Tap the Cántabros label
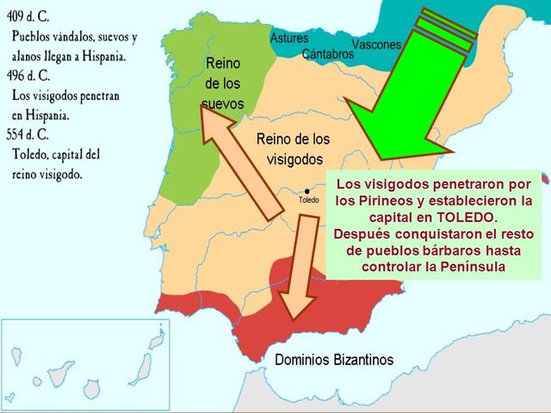(x=328, y=54)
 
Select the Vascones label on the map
(x=375, y=44)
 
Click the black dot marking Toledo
(x=307, y=191)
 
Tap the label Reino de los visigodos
(x=293, y=149)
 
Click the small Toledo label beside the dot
(x=308, y=200)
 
